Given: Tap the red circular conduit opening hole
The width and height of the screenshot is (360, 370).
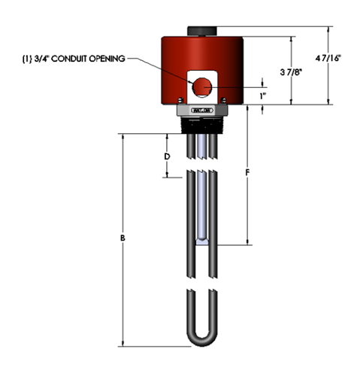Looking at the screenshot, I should tap(201, 88).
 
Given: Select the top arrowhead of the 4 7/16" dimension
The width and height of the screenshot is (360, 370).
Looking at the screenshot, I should tap(329, 31).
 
